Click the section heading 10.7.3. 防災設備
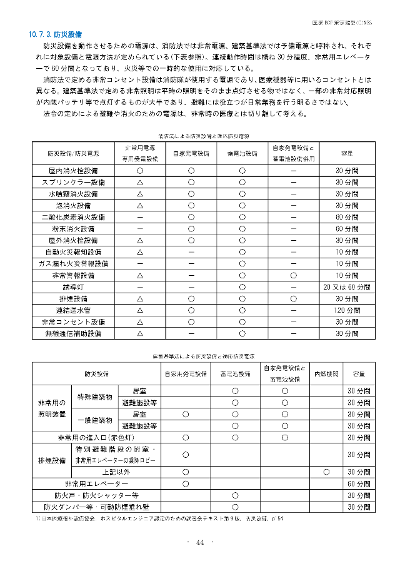click(x=55, y=34)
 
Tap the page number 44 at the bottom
click(x=200, y=542)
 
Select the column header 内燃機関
click(x=326, y=373)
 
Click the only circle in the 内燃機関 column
click(x=326, y=472)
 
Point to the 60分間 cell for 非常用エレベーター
click(x=359, y=484)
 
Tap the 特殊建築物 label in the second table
click(x=94, y=397)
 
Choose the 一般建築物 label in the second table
click(x=94, y=420)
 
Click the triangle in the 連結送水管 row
click(x=140, y=310)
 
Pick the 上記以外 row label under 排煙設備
click(x=116, y=472)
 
